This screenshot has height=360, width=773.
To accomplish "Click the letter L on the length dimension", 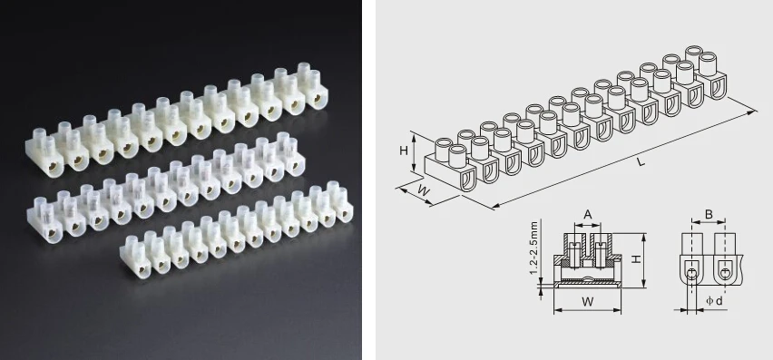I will [641, 161].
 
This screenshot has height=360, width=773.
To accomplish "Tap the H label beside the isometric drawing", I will [405, 151].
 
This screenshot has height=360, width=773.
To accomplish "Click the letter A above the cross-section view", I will [588, 214].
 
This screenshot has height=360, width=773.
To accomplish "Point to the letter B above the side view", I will [709, 216].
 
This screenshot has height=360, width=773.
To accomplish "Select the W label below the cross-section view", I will [587, 300].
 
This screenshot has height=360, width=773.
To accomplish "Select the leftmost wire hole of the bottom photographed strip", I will [138, 264].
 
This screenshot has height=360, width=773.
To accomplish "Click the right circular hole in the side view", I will [725, 273].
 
